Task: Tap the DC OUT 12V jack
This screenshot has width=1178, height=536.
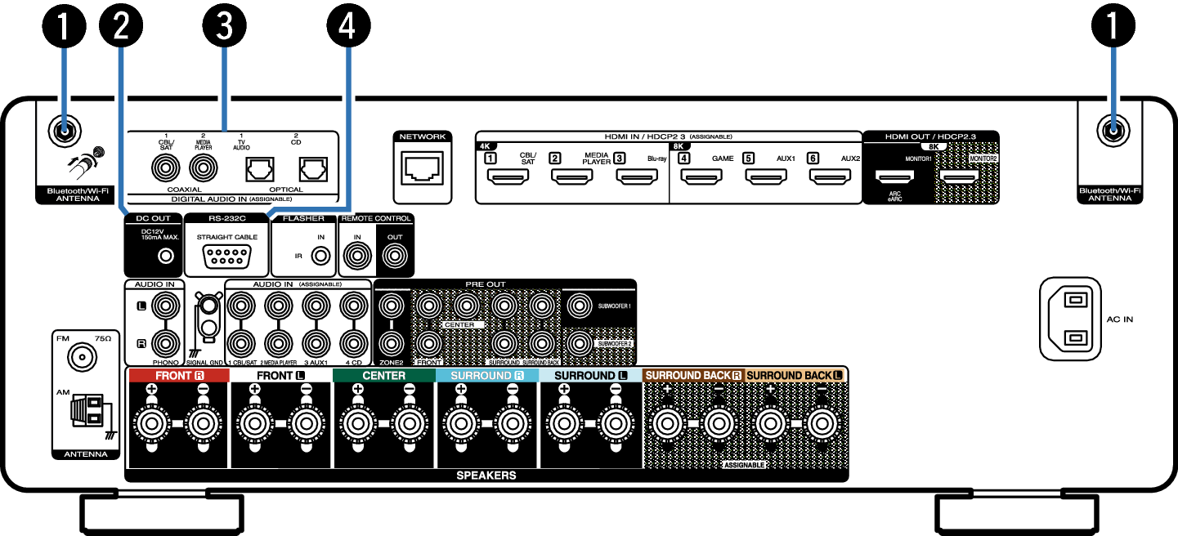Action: [167, 256]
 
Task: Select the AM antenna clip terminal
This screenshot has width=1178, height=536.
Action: [87, 410]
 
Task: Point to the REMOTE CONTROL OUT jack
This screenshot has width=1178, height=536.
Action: [395, 257]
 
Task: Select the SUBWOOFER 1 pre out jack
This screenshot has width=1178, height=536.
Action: [580, 306]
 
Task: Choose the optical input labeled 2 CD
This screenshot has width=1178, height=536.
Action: [313, 168]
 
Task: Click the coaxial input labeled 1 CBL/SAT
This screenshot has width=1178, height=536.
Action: [167, 169]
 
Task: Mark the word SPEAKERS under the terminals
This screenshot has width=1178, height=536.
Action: [486, 475]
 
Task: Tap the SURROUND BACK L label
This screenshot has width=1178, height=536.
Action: [794, 376]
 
